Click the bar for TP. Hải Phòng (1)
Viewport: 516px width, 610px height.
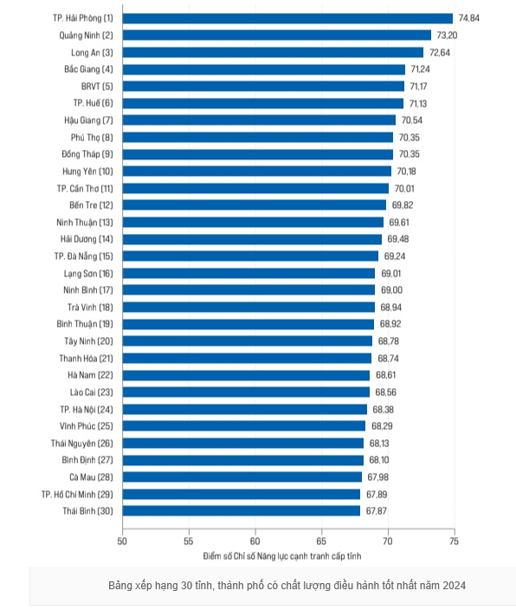(x=287, y=18)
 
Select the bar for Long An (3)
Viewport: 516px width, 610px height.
(x=273, y=53)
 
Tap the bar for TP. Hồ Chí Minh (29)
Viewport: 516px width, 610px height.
(x=242, y=494)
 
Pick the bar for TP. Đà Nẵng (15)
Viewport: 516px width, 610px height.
(x=250, y=256)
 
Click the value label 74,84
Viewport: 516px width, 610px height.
(x=469, y=18)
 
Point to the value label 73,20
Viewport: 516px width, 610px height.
(x=448, y=36)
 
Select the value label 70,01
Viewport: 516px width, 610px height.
(x=404, y=189)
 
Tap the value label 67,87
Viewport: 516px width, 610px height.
(x=377, y=511)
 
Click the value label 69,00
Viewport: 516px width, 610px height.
(x=391, y=290)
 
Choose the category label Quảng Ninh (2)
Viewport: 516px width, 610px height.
(x=86, y=36)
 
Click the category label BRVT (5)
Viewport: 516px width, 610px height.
(x=97, y=87)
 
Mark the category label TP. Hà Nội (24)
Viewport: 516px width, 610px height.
(x=87, y=410)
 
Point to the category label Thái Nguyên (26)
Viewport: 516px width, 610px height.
(x=82, y=444)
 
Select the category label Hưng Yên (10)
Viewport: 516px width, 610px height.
(x=87, y=172)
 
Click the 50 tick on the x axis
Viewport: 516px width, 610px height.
(x=122, y=542)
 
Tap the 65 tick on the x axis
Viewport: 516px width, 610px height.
(x=321, y=542)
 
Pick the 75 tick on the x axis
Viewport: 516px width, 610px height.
(x=454, y=542)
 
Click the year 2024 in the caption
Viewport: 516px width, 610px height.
(x=454, y=586)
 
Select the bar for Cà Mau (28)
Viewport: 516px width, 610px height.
(x=242, y=477)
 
